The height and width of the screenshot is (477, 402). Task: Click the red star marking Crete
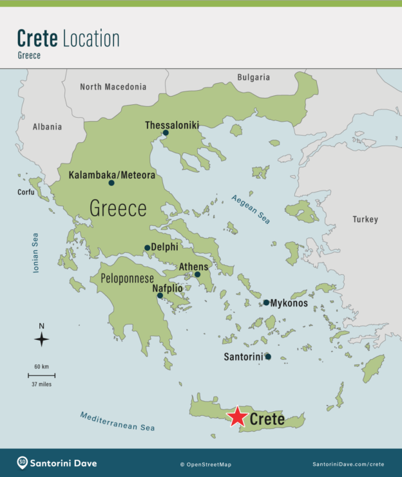[238, 417]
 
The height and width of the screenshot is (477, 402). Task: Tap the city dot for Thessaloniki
[166, 133]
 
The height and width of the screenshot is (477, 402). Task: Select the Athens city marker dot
[198, 275]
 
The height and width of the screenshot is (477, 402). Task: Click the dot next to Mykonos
[266, 303]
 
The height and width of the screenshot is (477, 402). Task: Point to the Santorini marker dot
[267, 357]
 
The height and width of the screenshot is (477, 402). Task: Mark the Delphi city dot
[147, 248]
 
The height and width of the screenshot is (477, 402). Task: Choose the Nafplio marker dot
[160, 296]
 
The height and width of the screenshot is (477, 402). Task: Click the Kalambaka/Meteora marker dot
[111, 183]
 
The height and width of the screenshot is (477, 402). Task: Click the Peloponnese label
[127, 279]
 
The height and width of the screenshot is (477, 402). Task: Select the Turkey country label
[365, 220]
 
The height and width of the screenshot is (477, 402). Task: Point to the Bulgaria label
[253, 77]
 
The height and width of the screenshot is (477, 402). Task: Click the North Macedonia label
[113, 87]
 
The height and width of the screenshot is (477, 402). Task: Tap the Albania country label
[47, 127]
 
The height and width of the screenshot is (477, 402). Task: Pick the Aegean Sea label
[251, 209]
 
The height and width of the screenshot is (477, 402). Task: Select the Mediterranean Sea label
[118, 422]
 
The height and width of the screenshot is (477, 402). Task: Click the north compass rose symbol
[41, 339]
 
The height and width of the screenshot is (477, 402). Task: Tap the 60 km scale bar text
[41, 366]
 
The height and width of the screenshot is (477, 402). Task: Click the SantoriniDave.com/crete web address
[349, 464]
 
